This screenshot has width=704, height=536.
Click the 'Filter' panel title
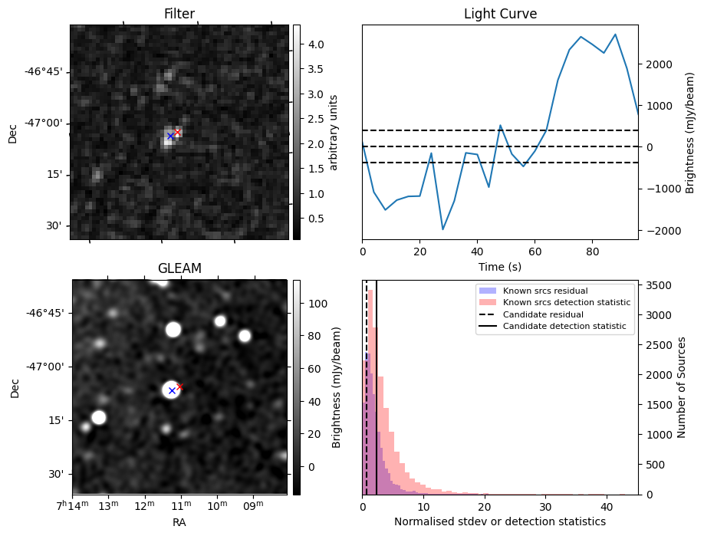click(179, 14)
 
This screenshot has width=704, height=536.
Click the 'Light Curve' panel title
click(500, 14)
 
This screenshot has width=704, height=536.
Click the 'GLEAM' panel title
click(179, 268)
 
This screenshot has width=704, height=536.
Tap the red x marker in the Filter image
click(177, 132)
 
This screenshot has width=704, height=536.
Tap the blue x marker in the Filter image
click(170, 136)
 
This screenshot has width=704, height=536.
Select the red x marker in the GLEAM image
click(179, 386)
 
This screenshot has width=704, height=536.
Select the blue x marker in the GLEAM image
click(172, 391)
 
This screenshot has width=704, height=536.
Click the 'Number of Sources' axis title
click(681, 387)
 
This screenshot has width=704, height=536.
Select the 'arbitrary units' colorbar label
click(334, 132)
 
